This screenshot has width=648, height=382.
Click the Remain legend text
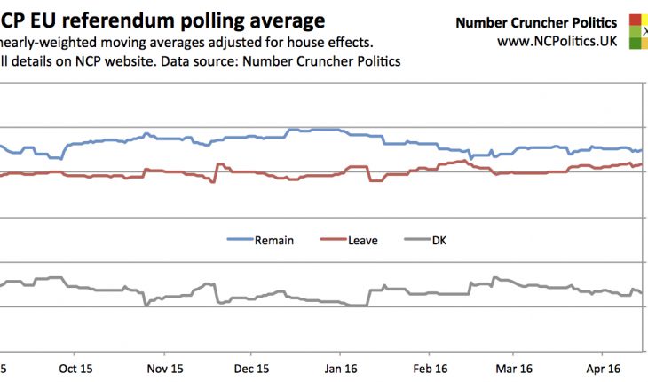point(274,240)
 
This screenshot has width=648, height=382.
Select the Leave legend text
point(364,240)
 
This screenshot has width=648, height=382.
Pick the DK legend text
point(439,240)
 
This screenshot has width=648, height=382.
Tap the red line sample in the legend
point(332,240)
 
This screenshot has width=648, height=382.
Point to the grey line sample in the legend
point(416,240)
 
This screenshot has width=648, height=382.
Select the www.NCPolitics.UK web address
point(557,41)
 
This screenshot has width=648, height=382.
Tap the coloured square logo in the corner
point(638,29)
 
